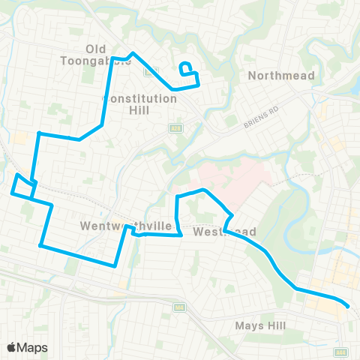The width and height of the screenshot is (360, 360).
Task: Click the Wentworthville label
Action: coord(115,226)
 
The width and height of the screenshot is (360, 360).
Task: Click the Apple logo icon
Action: coord(10,347)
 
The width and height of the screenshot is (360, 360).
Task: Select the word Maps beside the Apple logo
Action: coord(32,347)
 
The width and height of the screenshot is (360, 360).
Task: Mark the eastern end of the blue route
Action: coord(348,306)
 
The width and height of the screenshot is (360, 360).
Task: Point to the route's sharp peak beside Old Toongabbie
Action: coord(133,53)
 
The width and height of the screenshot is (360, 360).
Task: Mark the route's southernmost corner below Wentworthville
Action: coord(114,265)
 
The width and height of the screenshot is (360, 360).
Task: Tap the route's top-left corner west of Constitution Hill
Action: coord(38,133)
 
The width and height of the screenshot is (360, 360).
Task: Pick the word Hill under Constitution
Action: coord(138,110)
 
